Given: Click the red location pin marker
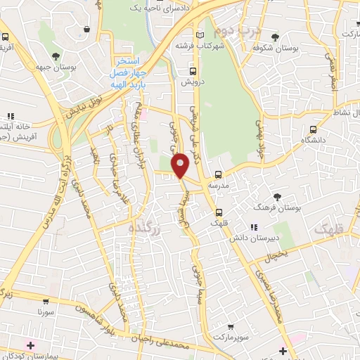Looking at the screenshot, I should pyautogui.click(x=181, y=165).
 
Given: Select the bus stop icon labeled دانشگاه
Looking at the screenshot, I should pyautogui.click(x=314, y=129).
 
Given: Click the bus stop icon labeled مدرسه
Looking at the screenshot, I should pyautogui.click(x=218, y=174).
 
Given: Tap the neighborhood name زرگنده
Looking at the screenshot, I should pyautogui.click(x=146, y=228).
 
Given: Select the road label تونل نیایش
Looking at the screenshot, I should pyautogui.click(x=77, y=108).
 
